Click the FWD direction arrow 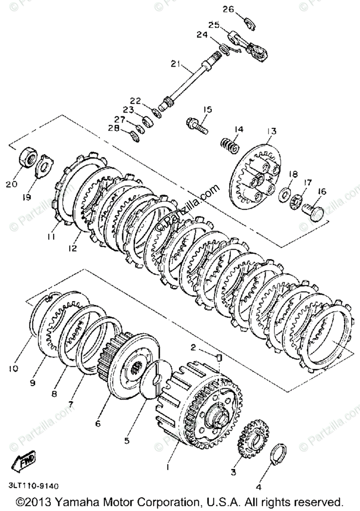click(24, 461)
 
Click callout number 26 click(228, 9)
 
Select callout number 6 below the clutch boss click(98, 424)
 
